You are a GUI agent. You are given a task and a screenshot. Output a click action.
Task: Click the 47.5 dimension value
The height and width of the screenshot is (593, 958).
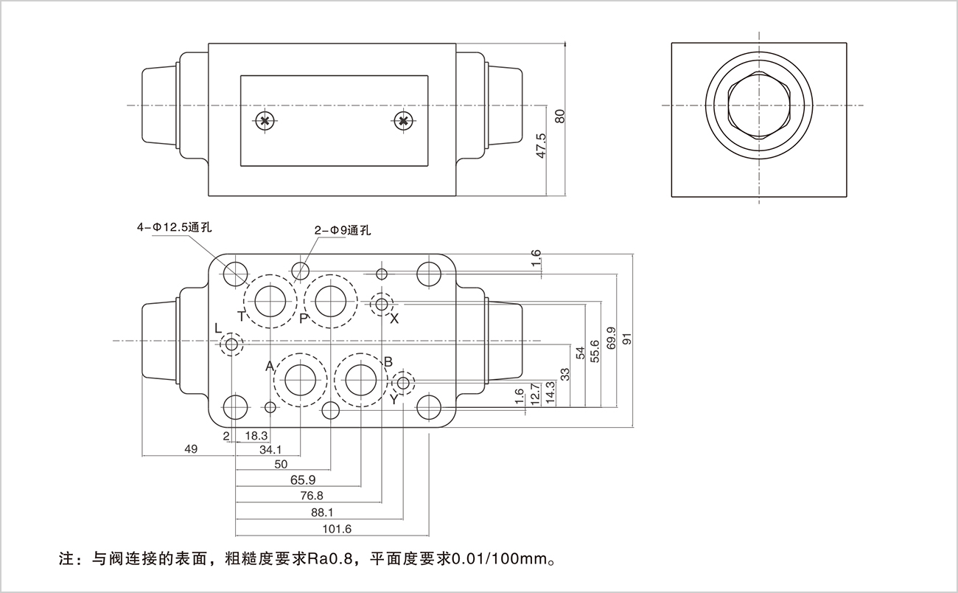click(542, 145)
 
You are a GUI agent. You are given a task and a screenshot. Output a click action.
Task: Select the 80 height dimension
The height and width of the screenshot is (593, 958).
click(559, 116)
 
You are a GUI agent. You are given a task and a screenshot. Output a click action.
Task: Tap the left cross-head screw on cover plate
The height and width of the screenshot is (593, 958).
click(265, 121)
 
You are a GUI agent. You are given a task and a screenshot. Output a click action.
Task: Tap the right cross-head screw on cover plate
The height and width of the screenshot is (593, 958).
click(402, 121)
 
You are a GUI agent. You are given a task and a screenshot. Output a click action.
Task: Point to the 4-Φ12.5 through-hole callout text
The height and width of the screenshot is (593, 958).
click(175, 228)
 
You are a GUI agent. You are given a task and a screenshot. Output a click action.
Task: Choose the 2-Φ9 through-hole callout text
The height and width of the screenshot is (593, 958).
click(342, 230)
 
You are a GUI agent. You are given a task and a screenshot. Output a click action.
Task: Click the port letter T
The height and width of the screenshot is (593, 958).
click(241, 316)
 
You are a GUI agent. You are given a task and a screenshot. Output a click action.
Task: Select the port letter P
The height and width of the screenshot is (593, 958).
click(303, 318)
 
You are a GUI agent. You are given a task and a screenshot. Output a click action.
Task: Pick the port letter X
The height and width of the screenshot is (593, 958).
click(394, 319)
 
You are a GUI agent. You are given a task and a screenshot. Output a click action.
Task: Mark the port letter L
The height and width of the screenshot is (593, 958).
click(217, 327)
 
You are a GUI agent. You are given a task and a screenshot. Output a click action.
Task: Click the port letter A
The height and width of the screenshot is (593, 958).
click(270, 367)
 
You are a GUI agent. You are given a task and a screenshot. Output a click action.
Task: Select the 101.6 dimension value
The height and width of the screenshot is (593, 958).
click(338, 529)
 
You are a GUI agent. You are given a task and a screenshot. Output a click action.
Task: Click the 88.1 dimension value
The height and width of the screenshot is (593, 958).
click(323, 512)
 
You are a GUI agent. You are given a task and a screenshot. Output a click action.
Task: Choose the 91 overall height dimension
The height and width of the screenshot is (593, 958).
click(627, 339)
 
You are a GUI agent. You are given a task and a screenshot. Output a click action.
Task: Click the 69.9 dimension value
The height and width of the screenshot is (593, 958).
click(611, 339)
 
